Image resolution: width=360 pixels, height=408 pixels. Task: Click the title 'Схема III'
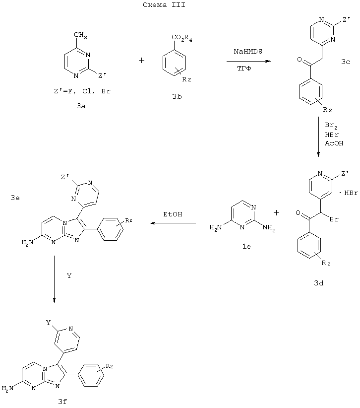click(x=164, y=4)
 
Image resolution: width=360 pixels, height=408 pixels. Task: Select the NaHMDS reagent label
click(x=248, y=51)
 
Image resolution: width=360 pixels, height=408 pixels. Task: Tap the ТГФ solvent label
click(x=244, y=68)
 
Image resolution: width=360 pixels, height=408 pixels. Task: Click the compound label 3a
click(x=81, y=106)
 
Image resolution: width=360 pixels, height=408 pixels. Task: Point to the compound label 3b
click(x=177, y=96)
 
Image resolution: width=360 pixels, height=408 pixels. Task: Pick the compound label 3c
click(x=346, y=62)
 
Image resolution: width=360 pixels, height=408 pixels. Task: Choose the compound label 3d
click(x=319, y=283)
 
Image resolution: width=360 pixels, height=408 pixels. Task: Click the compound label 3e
click(x=15, y=198)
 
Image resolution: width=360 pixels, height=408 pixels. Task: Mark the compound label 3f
click(x=62, y=402)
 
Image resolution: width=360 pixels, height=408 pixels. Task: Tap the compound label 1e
click(x=246, y=246)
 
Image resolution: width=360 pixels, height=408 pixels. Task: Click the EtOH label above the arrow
click(x=173, y=214)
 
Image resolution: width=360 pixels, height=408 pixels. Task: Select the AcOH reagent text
click(x=334, y=143)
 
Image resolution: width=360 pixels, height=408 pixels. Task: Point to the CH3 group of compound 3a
click(x=80, y=35)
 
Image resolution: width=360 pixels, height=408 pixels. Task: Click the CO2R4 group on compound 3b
click(x=181, y=39)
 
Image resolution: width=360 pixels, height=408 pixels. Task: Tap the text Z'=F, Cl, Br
click(x=82, y=91)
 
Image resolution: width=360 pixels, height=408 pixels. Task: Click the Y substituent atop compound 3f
click(x=48, y=323)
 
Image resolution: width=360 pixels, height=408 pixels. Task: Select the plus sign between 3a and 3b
click(x=142, y=61)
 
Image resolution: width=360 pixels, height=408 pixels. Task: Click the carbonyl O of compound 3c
click(x=300, y=60)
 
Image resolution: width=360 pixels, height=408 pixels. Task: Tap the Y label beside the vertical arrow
click(x=69, y=275)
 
